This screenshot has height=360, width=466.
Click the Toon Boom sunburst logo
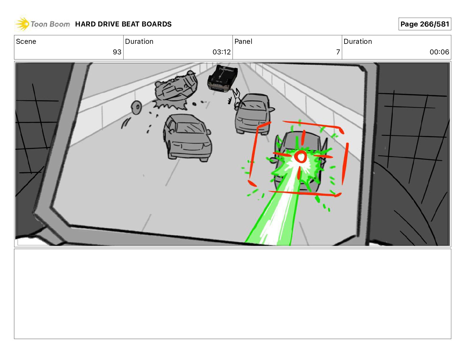coord(22,24)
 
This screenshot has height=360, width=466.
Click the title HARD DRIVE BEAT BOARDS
coord(123,24)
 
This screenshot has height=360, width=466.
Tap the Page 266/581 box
coord(425,24)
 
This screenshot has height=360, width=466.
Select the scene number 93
coord(117,52)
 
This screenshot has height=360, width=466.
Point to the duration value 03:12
coord(222,52)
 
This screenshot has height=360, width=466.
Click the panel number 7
coord(338,52)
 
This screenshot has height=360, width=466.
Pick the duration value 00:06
coord(439,52)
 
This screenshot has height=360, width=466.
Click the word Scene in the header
coord(26,41)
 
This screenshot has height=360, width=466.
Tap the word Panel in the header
coord(243,41)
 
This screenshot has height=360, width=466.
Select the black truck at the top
coord(222,79)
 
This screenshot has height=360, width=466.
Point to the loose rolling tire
coord(137,107)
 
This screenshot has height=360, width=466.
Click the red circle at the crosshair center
coord(301,156)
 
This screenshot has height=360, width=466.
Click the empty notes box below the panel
coord(233,294)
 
